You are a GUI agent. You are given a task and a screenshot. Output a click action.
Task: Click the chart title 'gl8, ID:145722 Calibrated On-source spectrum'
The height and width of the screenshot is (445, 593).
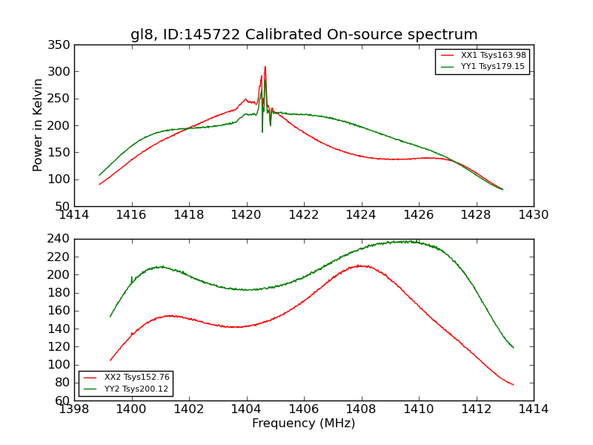(304, 34)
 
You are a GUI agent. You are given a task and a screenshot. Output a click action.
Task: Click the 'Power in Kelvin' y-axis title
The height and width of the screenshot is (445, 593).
(39, 125)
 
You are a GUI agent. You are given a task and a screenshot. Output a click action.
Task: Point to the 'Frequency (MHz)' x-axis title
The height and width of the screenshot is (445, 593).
(304, 423)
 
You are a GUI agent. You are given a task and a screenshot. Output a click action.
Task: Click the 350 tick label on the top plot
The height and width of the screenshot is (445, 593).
(61, 45)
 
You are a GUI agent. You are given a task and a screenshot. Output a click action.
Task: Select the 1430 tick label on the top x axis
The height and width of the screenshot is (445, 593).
(533, 215)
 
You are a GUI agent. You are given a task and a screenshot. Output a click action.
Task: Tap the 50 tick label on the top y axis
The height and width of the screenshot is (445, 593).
(64, 206)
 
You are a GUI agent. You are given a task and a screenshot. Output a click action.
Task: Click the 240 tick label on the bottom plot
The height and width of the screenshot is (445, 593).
(61, 239)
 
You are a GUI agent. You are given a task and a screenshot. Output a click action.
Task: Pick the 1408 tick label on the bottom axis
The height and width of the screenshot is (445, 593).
(361, 409)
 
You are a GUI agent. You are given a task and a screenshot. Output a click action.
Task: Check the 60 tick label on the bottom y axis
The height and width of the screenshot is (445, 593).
(64, 400)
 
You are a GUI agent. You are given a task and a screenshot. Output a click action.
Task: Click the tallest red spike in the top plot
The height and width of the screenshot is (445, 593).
(265, 67)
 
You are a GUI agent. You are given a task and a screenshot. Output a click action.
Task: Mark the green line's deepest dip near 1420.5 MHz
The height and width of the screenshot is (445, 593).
(262, 132)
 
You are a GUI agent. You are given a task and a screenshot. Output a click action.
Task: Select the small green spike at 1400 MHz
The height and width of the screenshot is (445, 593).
(132, 277)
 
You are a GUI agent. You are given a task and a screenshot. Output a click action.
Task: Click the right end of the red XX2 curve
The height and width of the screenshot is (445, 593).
(513, 384)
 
